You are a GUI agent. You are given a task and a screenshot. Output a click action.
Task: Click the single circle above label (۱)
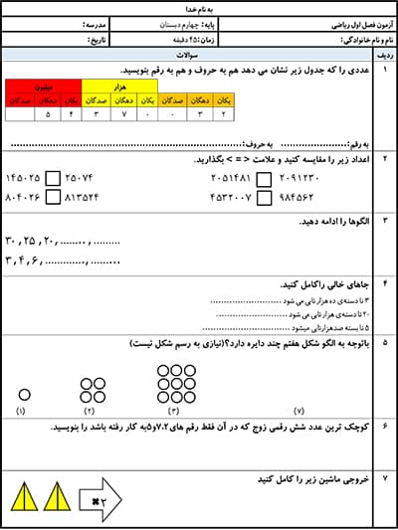click(x=24, y=395)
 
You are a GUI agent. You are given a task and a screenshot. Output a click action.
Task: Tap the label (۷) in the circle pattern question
click(x=299, y=411)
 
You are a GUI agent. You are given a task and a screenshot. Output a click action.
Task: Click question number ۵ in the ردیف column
click(x=384, y=343)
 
